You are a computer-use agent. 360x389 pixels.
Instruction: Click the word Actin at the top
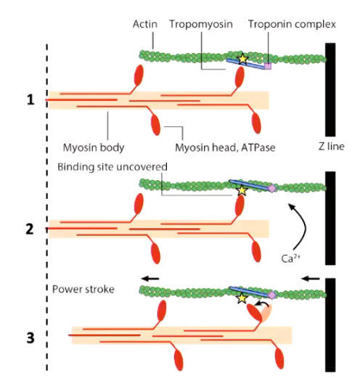click(145, 25)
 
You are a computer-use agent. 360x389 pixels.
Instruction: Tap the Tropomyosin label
click(201, 25)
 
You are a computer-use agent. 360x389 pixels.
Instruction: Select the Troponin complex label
click(292, 25)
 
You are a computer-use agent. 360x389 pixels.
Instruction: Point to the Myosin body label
click(94, 147)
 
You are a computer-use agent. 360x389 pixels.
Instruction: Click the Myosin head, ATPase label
click(225, 147)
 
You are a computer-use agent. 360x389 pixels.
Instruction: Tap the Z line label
click(332, 147)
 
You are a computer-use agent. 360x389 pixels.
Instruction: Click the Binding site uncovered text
click(112, 167)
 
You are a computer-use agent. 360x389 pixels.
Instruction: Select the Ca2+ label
click(290, 258)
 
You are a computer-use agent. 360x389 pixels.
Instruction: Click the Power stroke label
click(83, 290)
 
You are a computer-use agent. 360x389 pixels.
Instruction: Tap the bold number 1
click(30, 99)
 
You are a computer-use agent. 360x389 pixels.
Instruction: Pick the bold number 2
click(30, 229)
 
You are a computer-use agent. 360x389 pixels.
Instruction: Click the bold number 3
click(30, 338)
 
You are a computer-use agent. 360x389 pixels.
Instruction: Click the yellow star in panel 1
click(242, 59)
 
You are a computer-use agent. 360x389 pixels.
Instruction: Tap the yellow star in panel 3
click(242, 298)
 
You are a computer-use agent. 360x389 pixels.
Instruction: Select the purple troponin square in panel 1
click(268, 66)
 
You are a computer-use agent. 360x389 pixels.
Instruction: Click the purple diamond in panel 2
click(272, 188)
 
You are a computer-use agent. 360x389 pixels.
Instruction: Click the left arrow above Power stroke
click(150, 279)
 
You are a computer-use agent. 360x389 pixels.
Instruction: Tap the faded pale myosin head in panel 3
click(267, 313)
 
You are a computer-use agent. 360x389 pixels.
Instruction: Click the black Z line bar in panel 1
click(330, 89)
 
